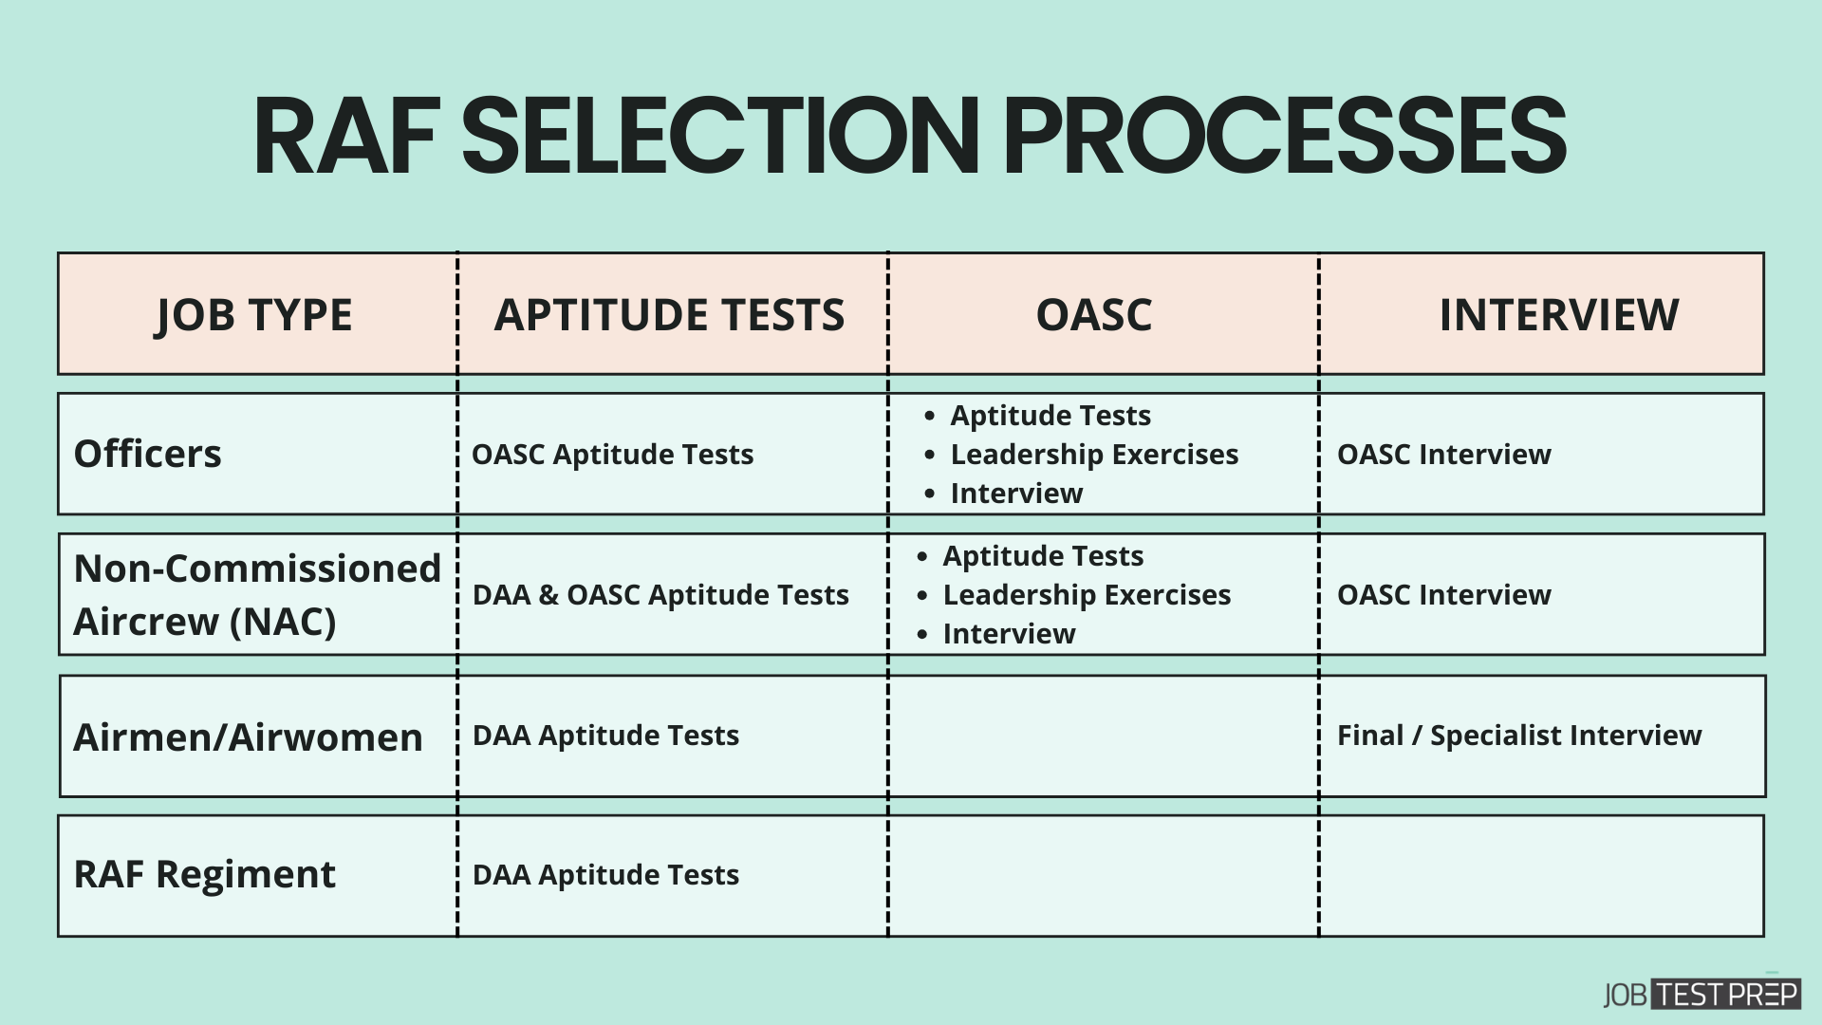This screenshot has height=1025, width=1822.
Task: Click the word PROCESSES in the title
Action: click(1284, 136)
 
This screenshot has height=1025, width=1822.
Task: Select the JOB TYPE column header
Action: click(253, 314)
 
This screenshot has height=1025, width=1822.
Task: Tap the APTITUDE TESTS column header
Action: click(669, 314)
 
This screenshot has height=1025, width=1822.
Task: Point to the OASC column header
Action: click(1094, 314)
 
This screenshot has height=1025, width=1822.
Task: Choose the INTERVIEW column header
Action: click(1559, 314)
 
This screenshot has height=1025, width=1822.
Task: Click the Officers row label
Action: click(147, 454)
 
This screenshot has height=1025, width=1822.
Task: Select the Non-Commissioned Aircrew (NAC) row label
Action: click(257, 595)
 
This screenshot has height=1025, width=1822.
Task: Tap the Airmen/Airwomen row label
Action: click(248, 737)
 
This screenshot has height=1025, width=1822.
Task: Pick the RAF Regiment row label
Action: click(204, 874)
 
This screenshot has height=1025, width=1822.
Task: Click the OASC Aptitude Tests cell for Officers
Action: click(612, 455)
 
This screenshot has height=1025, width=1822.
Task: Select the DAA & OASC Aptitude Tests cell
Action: click(660, 595)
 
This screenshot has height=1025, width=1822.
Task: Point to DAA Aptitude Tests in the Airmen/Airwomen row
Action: click(605, 736)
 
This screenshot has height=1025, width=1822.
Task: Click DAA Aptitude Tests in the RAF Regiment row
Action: click(605, 875)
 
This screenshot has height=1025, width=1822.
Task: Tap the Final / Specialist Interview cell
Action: click(1519, 736)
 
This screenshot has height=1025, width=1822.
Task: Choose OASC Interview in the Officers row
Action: click(1444, 455)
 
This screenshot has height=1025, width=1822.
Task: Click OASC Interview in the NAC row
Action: click(1444, 595)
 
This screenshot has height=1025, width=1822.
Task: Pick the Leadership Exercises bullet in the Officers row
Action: click(1094, 455)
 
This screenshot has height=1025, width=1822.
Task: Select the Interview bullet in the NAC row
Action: click(1009, 634)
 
